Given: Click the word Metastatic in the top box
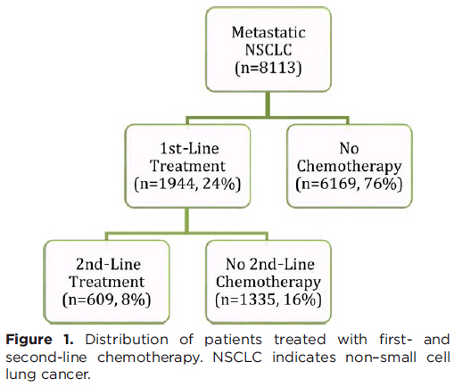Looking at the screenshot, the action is (x=268, y=32).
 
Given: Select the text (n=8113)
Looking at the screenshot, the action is (x=268, y=68).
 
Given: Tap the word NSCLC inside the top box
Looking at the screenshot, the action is (x=268, y=50).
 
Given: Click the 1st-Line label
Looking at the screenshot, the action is (x=190, y=148).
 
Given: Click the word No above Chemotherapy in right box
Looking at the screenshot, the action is (x=349, y=148).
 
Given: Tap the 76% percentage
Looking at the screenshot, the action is (x=381, y=184).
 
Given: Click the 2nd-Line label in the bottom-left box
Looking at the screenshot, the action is (x=108, y=264).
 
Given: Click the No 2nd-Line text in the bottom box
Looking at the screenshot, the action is (x=270, y=264).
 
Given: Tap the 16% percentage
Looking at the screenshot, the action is (x=300, y=300).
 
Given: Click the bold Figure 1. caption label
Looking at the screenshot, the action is (x=39, y=340).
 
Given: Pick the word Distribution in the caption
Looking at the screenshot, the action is (x=127, y=340).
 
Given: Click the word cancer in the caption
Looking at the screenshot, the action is (x=65, y=375).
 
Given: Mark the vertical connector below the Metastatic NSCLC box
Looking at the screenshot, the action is (x=268, y=104).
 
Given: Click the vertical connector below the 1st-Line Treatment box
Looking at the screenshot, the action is (x=187, y=220).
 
